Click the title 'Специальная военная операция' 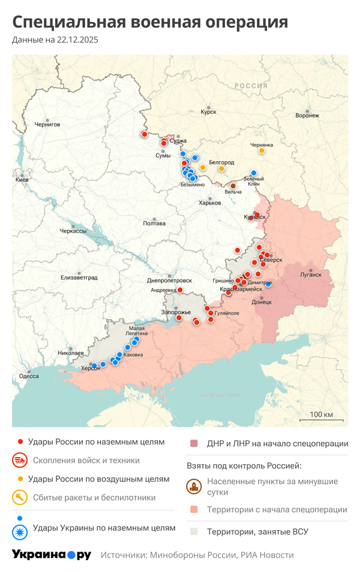(150, 22)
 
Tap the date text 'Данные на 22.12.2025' (55, 40)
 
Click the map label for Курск (209, 112)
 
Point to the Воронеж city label (307, 115)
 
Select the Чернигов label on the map (47, 124)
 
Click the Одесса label (29, 376)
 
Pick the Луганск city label (311, 275)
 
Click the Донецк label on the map (262, 302)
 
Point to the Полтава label (154, 223)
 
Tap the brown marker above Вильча (233, 186)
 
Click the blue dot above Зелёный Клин (254, 173)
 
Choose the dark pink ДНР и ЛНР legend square (194, 444)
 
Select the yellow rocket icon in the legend (19, 497)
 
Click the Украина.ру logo (51, 555)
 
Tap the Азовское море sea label (220, 395)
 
